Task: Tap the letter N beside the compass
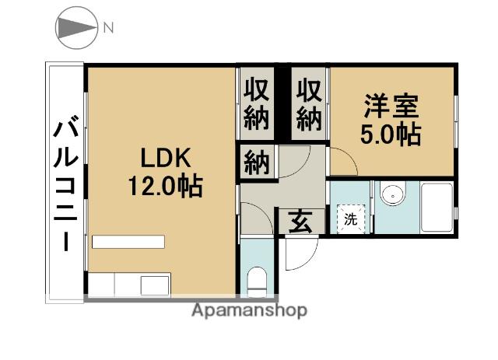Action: tap(108, 28)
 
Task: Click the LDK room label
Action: tap(166, 157)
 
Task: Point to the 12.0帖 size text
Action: tap(165, 186)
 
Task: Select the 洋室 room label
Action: tap(391, 107)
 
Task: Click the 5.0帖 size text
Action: tap(391, 135)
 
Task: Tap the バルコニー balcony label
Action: tap(65, 183)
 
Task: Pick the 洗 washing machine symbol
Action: tap(351, 218)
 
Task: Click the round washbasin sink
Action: tap(394, 194)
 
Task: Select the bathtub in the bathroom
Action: tap(437, 208)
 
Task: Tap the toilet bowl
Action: tap(257, 281)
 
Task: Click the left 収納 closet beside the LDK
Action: tap(256, 104)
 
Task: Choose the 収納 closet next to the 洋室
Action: tap(309, 104)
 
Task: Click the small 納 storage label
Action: tap(257, 163)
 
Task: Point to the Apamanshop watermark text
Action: tap(249, 310)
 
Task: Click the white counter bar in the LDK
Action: tap(128, 242)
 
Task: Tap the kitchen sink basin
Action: tap(155, 285)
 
